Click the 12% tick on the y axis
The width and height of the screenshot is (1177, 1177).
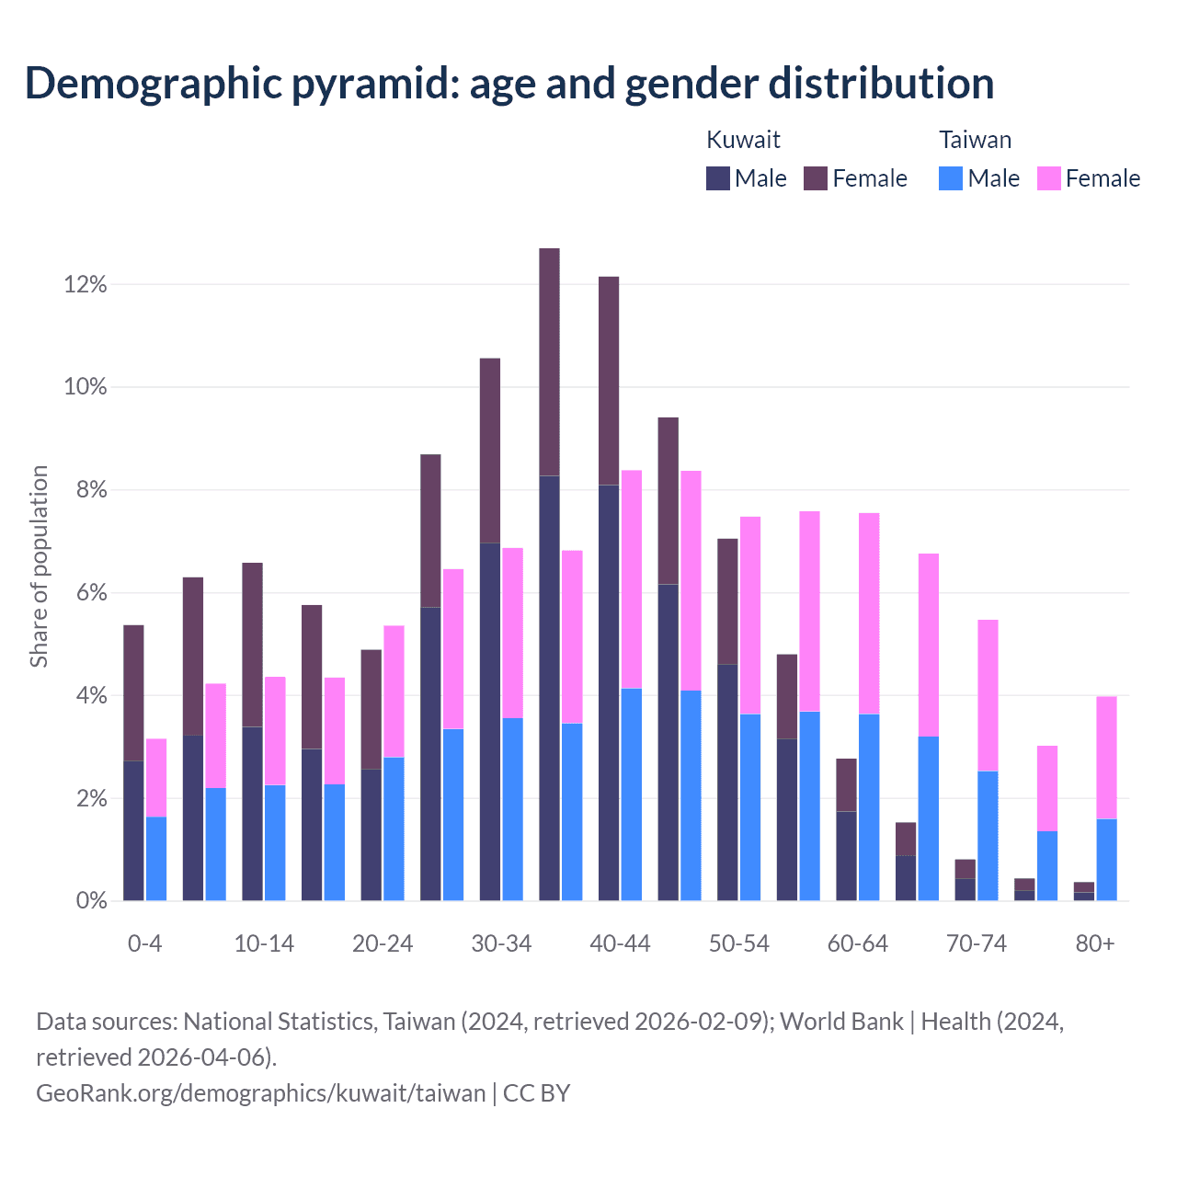click(x=86, y=285)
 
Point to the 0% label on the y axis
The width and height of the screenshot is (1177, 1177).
click(x=91, y=901)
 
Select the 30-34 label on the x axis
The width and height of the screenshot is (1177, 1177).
click(x=501, y=944)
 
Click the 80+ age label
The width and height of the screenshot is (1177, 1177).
click(x=1095, y=944)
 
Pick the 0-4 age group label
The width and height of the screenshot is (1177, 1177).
click(x=145, y=944)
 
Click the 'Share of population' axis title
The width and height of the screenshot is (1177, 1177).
click(x=39, y=566)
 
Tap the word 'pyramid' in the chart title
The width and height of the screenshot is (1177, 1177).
click(x=373, y=83)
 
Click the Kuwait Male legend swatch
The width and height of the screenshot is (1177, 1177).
click(x=718, y=178)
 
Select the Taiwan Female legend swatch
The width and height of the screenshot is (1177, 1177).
click(x=1049, y=178)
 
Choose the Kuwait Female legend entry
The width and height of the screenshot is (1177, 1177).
click(x=856, y=178)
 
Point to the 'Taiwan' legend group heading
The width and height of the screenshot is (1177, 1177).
click(x=975, y=140)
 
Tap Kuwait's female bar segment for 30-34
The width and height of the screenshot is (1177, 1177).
click(x=490, y=451)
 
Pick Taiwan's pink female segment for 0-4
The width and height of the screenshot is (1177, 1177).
click(x=156, y=777)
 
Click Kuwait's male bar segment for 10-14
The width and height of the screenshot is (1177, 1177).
click(x=252, y=813)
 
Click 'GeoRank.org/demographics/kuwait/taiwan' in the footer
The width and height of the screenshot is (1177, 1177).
click(x=260, y=1092)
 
